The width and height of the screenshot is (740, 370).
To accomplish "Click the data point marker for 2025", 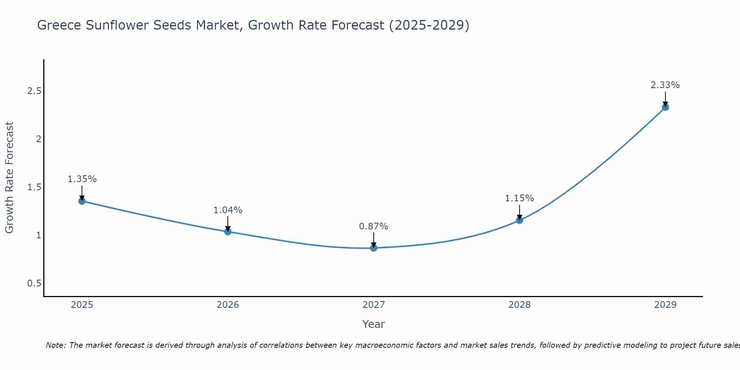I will click(82, 201).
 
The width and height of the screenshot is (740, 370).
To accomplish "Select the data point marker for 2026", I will click(228, 232).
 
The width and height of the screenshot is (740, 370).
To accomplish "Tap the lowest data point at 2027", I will click(373, 248).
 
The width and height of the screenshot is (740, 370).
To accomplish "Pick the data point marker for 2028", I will click(519, 220).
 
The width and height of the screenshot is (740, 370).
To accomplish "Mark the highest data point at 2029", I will click(665, 107).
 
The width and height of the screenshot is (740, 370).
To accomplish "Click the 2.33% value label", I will click(665, 85).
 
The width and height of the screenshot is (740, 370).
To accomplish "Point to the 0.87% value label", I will click(373, 226).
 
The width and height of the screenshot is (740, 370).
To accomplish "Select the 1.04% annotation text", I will click(228, 210).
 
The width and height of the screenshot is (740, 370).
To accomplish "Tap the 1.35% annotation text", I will click(82, 179).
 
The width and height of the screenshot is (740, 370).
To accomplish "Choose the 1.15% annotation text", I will click(519, 198).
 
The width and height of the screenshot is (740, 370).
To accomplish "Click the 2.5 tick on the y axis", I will click(34, 91).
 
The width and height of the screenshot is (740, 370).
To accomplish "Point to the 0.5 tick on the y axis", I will click(34, 283).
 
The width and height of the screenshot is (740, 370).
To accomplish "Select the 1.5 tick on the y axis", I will click(34, 187).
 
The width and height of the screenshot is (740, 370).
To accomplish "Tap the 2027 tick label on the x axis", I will click(373, 305).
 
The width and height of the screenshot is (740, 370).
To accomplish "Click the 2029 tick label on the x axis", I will click(665, 305).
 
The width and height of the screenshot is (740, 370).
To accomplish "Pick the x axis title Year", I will click(373, 324).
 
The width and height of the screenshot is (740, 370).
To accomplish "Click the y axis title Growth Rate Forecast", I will click(9, 178).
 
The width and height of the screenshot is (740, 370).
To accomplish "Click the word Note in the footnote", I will click(56, 345).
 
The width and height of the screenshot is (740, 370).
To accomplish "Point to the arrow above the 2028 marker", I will click(519, 212).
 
